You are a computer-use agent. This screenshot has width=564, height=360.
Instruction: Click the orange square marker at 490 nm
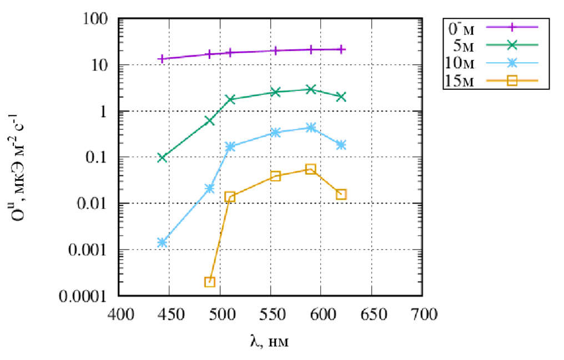point(210,282)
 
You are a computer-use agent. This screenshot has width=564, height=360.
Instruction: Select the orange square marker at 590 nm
point(311,169)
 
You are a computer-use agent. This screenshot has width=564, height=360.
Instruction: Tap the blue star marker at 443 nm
point(162,242)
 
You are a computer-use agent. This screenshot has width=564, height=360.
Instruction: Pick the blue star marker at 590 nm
point(311,128)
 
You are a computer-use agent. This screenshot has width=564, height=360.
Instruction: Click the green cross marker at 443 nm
point(162,158)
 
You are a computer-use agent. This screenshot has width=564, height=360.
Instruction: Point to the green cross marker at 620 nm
point(341,97)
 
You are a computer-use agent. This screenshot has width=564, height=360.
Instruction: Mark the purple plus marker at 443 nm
point(162,59)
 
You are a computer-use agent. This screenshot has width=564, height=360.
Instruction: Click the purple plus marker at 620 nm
point(341,49)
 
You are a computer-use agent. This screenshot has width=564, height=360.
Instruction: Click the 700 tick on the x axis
point(424,315)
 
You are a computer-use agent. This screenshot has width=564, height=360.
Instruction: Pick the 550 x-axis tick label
point(272,315)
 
